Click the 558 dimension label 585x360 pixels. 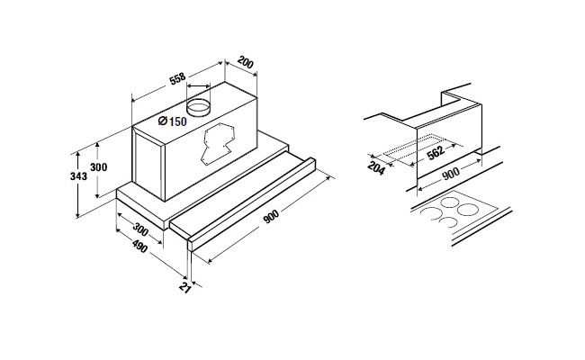pyautogui.click(x=177, y=79)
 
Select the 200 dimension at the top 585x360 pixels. pyautogui.click(x=246, y=62)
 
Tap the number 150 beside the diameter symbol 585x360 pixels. pyautogui.click(x=177, y=121)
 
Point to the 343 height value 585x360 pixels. pyautogui.click(x=78, y=175)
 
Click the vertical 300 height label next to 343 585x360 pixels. pyautogui.click(x=98, y=166)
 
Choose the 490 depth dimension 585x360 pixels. pyautogui.click(x=139, y=247)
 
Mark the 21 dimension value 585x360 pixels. pyautogui.click(x=185, y=287)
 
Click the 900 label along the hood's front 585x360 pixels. pyautogui.click(x=271, y=217)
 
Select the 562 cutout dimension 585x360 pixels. pyautogui.click(x=436, y=153)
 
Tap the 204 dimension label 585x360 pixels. pyautogui.click(x=376, y=168)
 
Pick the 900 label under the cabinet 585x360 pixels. pyautogui.click(x=451, y=174)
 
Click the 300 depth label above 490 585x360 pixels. pyautogui.click(x=140, y=229)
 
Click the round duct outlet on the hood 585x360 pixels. pyautogui.click(x=198, y=107)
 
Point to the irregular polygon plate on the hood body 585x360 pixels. pyautogui.click(x=219, y=143)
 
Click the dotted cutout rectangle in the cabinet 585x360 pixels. pyautogui.click(x=418, y=148)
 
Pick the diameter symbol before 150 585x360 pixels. pyautogui.click(x=162, y=121)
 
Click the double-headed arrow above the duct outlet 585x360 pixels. pyautogui.click(x=198, y=85)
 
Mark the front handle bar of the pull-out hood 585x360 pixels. pyautogui.click(x=252, y=204)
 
